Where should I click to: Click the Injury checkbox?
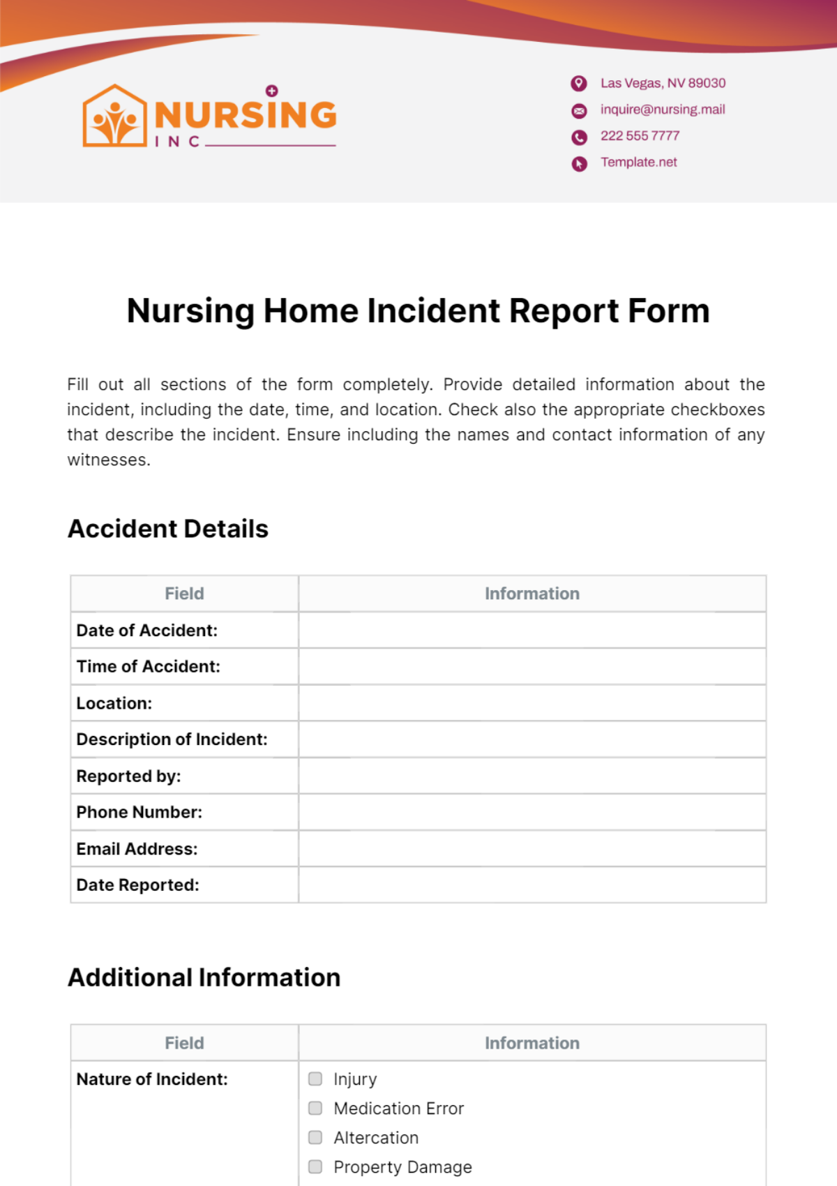[x=315, y=1079]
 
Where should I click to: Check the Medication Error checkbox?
[x=315, y=1109]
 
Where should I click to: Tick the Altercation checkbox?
[x=315, y=1138]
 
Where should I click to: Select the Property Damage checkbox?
[x=315, y=1167]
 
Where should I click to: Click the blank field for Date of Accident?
[x=532, y=631]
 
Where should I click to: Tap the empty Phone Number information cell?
[x=532, y=812]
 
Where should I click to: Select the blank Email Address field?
[x=532, y=849]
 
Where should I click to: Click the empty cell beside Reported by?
[x=532, y=776]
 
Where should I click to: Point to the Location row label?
[x=114, y=703]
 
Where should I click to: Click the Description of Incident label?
[x=172, y=740]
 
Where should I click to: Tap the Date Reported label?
[x=137, y=885]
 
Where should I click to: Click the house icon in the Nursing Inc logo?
[x=115, y=117]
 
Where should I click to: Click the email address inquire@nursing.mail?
[x=663, y=110]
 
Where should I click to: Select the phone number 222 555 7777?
[x=640, y=136]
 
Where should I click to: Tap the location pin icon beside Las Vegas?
[x=579, y=84]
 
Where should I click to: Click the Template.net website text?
[x=639, y=163]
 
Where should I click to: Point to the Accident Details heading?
[x=168, y=529]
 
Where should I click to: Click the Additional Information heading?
[x=204, y=978]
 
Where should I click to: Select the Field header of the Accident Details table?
[x=184, y=594]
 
